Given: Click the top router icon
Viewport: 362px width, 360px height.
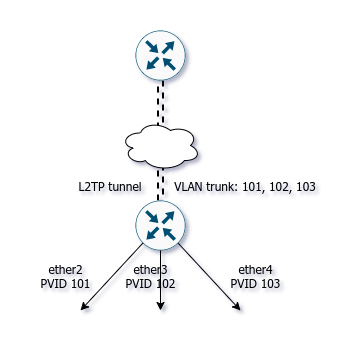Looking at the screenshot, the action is coord(160,55).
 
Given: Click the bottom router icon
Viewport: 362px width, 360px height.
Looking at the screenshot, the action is coord(160,225).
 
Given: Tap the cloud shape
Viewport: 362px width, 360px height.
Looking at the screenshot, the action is coord(161,146).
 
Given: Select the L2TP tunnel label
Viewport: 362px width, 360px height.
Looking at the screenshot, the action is coord(110,187).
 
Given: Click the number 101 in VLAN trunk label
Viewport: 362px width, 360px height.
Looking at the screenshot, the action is coord(252,187).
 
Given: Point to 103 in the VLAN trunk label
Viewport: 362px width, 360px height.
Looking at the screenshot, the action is coord(305,187).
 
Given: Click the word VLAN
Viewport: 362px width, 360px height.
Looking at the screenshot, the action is coord(188,187).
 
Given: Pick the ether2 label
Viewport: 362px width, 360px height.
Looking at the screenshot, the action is coord(65,269).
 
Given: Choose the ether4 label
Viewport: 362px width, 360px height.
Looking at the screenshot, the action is coord(255,269).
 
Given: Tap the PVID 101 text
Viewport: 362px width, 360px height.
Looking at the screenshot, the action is coord(65,284).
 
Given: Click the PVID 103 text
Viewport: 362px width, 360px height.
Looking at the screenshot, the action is coord(255,284).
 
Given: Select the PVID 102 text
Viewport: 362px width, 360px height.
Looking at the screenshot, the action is coord(150,284).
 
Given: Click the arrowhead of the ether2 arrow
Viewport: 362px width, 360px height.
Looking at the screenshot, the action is coord(83,307).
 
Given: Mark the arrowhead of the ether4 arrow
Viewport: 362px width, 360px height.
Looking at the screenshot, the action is coord(238,307).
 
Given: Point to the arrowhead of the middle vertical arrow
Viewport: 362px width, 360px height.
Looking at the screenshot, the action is coord(160,307).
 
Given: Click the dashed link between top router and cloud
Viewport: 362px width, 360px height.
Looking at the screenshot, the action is coord(161,103).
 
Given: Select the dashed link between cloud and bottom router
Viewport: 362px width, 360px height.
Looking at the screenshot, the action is coord(161,184).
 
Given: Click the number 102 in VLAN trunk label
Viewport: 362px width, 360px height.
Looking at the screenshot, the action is coord(279,187).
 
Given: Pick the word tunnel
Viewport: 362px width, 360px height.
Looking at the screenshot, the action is coord(125,187).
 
